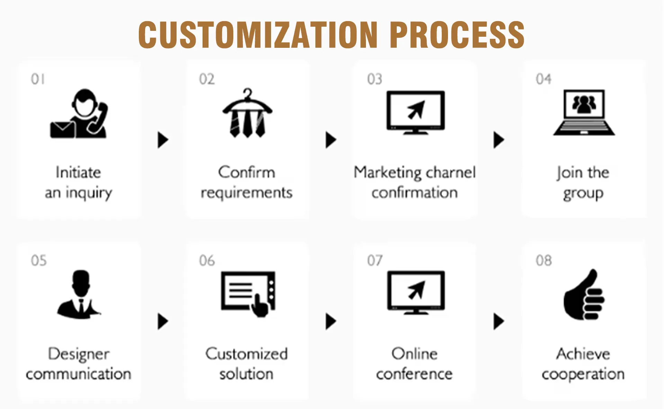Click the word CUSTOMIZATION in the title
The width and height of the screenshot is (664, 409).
(258, 35)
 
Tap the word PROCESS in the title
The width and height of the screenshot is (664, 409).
(457, 35)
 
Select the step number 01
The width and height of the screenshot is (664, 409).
(38, 79)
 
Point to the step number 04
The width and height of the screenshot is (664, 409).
(544, 79)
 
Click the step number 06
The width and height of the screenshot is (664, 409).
(207, 261)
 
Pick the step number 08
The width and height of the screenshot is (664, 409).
(544, 261)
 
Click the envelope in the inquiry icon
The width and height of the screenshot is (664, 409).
(63, 130)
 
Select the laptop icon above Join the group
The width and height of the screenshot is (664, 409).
(584, 112)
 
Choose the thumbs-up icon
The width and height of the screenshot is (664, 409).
(583, 295)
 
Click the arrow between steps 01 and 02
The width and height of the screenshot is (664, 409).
(163, 140)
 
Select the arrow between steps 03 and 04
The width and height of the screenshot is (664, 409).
(499, 140)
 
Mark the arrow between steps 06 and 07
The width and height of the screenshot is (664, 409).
(331, 321)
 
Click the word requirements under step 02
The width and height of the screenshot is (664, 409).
(246, 193)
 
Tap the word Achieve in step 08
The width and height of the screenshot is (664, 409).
(583, 354)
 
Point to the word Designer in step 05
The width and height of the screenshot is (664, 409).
(79, 354)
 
